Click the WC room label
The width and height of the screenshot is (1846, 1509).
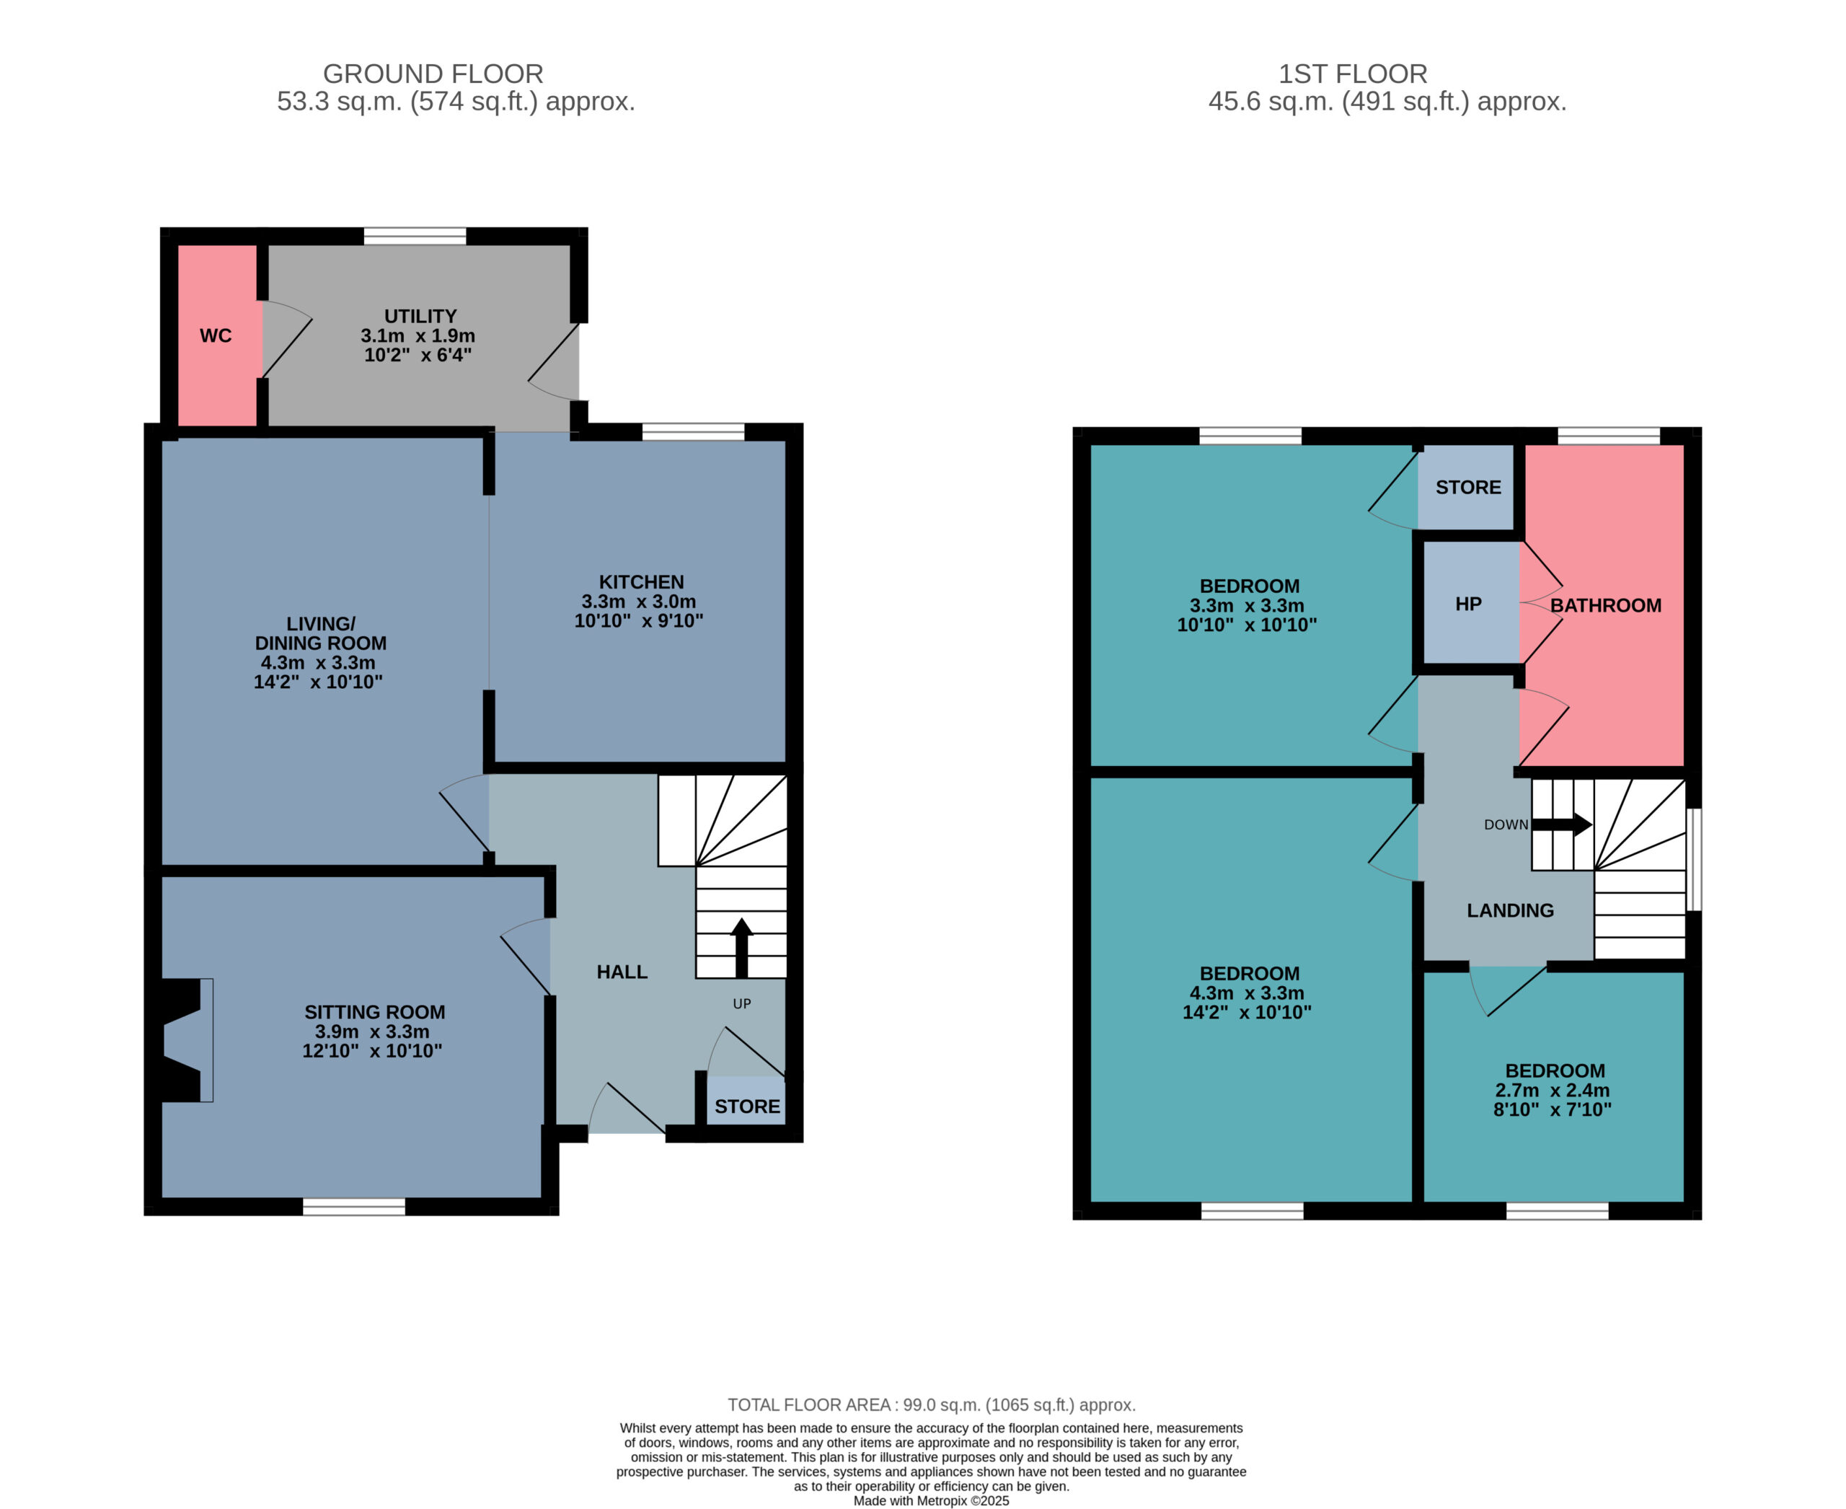point(216,335)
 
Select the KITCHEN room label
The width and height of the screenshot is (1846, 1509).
point(641,582)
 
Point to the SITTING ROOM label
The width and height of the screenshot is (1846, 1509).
point(374,1012)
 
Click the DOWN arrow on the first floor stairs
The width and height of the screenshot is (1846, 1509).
point(1562,824)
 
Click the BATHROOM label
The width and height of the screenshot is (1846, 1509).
point(1606,606)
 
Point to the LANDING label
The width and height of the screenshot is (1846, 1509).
point(1511,910)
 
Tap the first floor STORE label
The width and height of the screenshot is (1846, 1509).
point(1469,488)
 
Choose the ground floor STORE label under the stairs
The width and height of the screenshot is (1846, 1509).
point(748,1107)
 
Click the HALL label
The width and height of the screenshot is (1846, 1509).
point(622,972)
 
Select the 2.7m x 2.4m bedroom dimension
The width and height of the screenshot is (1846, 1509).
point(1553,1090)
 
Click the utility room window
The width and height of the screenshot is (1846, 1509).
point(415,236)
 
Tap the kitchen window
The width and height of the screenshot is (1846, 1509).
point(694,432)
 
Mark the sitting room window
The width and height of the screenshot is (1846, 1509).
point(355,1207)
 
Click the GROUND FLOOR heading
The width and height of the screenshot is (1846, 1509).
point(433,74)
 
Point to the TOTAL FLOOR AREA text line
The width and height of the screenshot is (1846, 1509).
point(932,1404)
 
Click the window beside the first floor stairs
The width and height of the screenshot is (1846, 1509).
point(1694,860)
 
